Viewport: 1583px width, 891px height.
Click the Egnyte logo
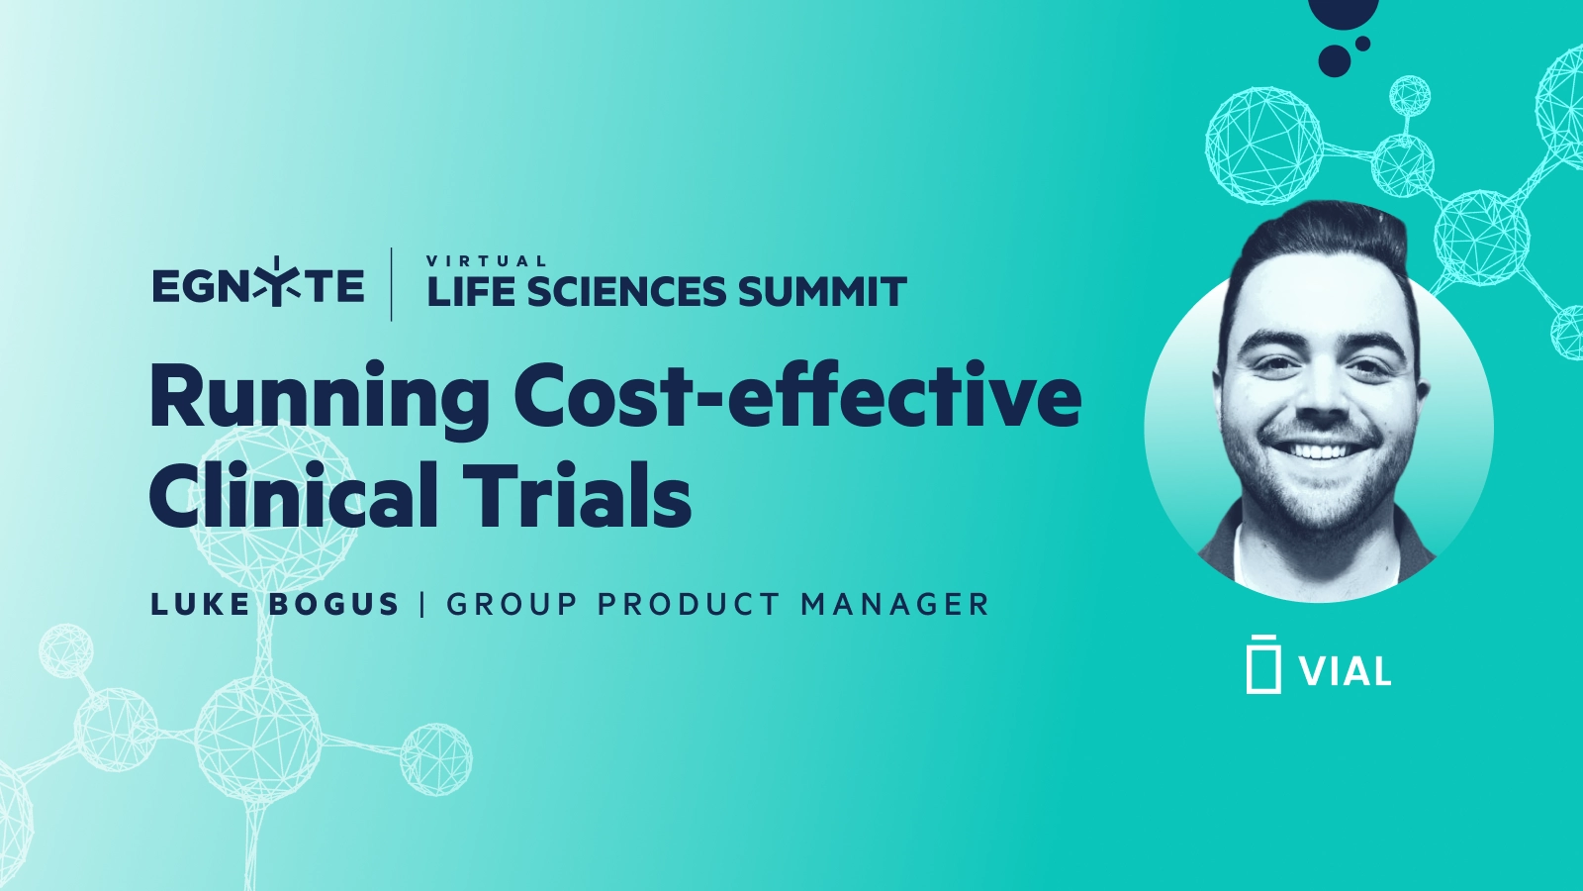258,285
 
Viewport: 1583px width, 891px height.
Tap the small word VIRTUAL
486,261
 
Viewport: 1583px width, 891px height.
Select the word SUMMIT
821,292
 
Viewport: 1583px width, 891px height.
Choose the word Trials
578,495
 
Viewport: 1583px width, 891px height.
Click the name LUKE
200,604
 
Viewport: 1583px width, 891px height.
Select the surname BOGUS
334,604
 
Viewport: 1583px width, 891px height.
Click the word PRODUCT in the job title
689,604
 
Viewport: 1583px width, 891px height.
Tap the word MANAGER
894,604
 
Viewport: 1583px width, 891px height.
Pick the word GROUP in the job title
512,604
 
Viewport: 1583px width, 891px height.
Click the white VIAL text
1346,672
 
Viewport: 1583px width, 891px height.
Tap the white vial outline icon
1263,663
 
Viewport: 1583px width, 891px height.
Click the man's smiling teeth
1319,452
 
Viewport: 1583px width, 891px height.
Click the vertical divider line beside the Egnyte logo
392,285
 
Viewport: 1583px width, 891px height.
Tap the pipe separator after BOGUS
423,604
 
